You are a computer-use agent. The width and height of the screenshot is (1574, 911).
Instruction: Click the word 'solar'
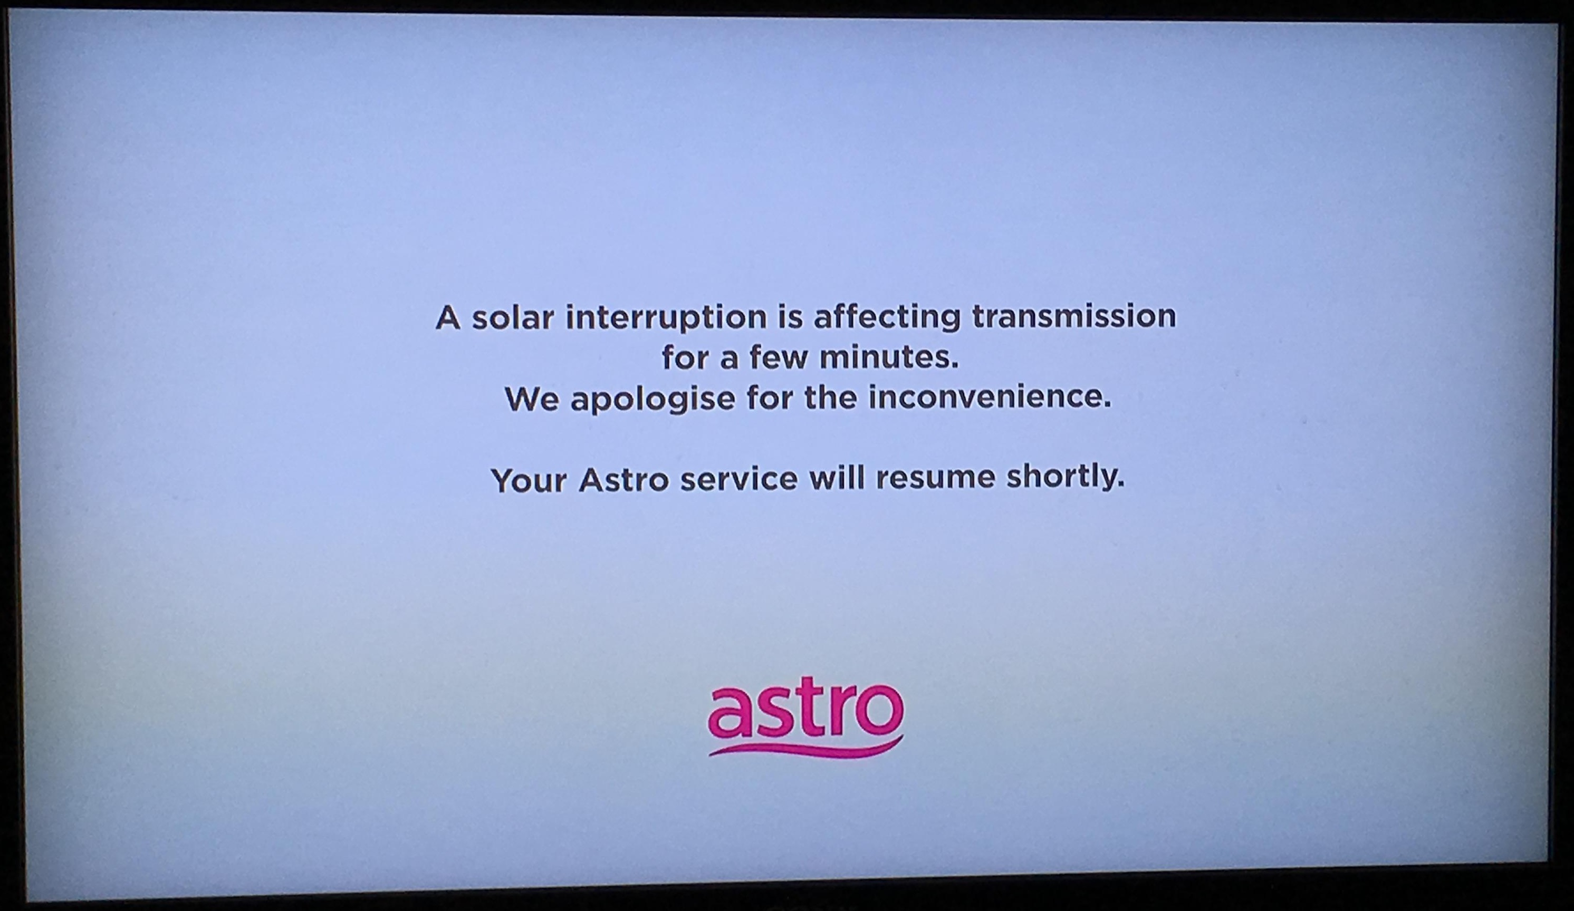point(512,317)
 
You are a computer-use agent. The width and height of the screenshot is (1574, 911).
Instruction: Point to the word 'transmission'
point(1074,316)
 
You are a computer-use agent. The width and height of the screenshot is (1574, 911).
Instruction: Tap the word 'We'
point(532,399)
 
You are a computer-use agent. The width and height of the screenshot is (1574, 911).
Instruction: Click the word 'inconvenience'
point(990,398)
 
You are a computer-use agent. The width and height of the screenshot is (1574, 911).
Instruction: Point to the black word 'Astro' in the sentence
point(623,480)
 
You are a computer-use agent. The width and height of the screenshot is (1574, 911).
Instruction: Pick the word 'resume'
point(935,478)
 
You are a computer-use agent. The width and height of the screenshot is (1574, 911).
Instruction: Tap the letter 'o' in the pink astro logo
point(879,711)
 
